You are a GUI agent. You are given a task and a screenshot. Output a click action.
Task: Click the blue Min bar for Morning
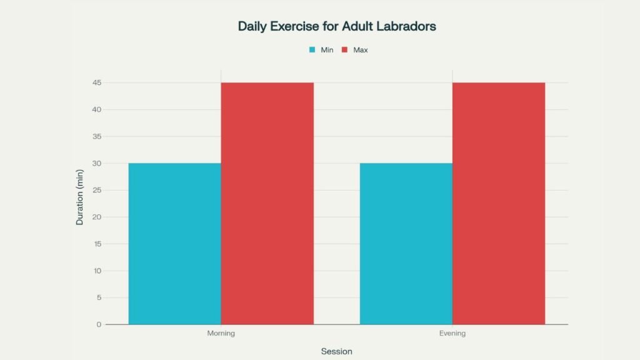point(174,244)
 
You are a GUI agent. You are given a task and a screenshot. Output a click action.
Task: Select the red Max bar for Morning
point(267,203)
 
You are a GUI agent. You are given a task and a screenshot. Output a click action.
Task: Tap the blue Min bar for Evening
point(406,244)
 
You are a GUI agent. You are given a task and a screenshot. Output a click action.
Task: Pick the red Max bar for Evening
point(499,203)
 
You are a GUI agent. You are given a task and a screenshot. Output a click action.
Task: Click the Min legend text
point(327,50)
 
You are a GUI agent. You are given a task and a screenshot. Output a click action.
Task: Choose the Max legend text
point(361,50)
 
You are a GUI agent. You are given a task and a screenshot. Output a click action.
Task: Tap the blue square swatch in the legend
point(312,50)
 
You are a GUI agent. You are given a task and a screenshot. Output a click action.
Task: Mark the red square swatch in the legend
point(344,50)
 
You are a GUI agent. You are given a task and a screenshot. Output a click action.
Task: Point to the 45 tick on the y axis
point(97,82)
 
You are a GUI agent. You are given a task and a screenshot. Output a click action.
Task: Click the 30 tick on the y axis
point(97,163)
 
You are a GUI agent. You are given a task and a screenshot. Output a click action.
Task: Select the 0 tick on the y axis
point(99,324)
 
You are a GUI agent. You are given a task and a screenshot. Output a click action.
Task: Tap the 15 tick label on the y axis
point(97,244)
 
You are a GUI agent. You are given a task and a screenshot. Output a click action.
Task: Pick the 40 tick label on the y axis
point(97,109)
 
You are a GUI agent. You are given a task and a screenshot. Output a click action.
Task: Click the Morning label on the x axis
point(221,334)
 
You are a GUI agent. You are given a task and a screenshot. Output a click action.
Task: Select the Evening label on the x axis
point(452,334)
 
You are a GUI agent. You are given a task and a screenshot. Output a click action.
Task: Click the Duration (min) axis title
point(79,197)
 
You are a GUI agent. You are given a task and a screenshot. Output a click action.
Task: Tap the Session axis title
point(336,351)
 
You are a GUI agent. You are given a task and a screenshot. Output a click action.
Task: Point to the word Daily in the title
point(252,27)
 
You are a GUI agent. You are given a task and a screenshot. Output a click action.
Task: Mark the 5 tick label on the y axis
point(99,297)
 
